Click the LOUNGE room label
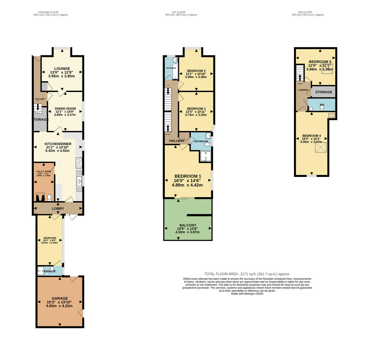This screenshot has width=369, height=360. click(62, 69)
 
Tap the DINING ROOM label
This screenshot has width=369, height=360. click(65, 109)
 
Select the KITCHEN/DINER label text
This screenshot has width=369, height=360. click(58, 144)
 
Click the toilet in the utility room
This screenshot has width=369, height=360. click(50, 197)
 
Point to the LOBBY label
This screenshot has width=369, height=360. click(58, 209)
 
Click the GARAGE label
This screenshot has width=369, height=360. click(60, 298)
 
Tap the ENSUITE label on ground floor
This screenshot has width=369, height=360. click(50, 271)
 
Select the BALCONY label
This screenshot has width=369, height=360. click(187, 225)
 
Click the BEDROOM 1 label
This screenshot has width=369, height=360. click(188, 176)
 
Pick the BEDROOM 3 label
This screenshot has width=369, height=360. click(196, 109)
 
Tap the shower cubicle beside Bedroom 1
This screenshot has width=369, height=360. click(205, 156)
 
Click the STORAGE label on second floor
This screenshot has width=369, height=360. click(323, 92)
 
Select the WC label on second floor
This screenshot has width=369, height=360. click(322, 105)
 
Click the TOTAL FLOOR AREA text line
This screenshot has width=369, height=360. click(247, 274)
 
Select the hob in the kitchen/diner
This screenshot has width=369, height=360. click(79, 162)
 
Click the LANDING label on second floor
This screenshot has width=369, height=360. click(303, 90)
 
